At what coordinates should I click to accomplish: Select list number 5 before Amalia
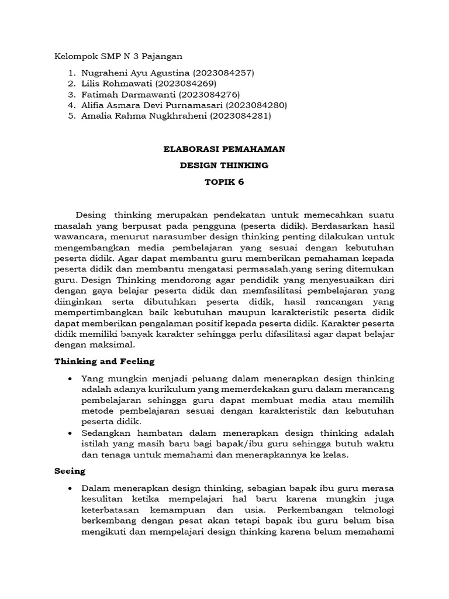(x=71, y=116)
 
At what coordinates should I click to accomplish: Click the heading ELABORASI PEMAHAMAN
(x=224, y=149)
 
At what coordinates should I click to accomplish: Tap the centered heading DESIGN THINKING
(x=224, y=166)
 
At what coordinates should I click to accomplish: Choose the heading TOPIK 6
(x=224, y=182)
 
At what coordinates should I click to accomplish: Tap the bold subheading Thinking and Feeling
(x=104, y=362)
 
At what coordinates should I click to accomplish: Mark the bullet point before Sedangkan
(x=71, y=433)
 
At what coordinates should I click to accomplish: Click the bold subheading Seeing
(x=70, y=471)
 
